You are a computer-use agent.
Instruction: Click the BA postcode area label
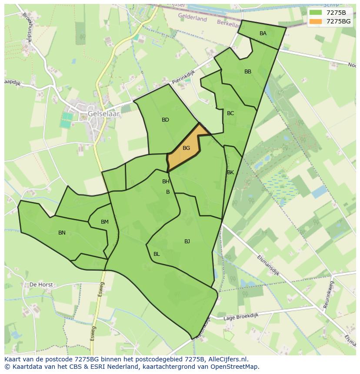click(263, 33)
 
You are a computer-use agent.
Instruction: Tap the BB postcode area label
click(248, 72)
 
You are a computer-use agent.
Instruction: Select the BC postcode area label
click(230, 113)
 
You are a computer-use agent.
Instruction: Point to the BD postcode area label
click(165, 120)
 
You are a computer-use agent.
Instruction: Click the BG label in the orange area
click(186, 148)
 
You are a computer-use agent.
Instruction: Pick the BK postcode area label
click(230, 172)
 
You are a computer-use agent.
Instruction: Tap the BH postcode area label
click(166, 182)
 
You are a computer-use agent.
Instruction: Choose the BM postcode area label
click(105, 222)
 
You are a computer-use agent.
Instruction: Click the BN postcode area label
click(62, 233)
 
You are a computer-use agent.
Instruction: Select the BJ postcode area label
click(187, 242)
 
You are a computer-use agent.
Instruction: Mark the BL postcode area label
click(157, 254)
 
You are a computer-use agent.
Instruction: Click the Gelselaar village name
click(103, 113)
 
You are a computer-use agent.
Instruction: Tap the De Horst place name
click(41, 285)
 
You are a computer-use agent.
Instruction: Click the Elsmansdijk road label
click(268, 265)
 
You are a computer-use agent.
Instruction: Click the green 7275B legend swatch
click(316, 12)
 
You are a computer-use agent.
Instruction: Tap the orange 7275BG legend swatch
click(316, 21)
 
